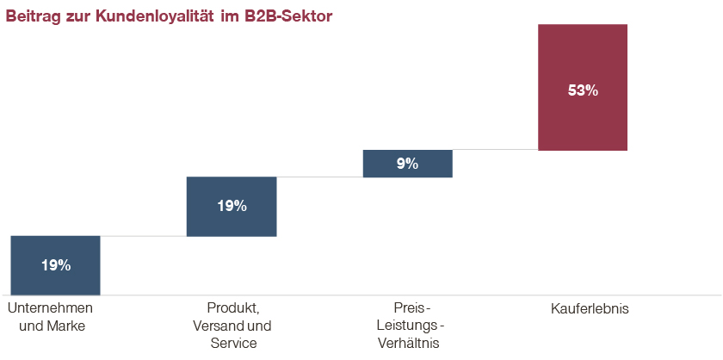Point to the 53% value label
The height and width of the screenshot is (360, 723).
[583, 89]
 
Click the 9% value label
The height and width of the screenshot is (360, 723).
[407, 164]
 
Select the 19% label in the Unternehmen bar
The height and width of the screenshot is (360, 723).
[55, 265]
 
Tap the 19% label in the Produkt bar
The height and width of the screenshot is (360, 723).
[232, 206]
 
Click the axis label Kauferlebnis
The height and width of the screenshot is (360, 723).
[590, 308]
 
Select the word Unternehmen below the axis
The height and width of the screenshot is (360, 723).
[50, 308]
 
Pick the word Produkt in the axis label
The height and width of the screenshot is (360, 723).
[232, 308]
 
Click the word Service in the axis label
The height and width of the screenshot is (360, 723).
[233, 344]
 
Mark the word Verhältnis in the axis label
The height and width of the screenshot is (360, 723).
[409, 344]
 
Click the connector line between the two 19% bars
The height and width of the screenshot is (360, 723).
[143, 236]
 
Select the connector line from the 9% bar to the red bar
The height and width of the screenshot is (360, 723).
[495, 150]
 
